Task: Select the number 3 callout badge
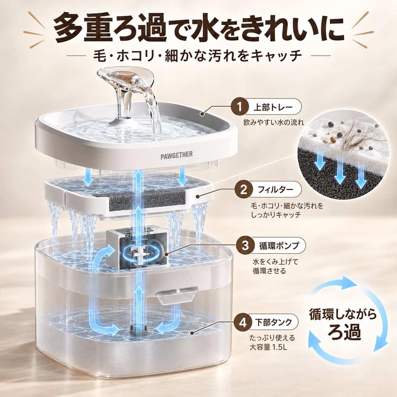point(245,246)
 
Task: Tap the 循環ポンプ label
point(279,246)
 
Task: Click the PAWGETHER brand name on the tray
point(177,155)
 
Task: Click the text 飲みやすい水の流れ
point(274,123)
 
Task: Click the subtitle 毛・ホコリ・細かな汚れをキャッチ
point(198,56)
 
